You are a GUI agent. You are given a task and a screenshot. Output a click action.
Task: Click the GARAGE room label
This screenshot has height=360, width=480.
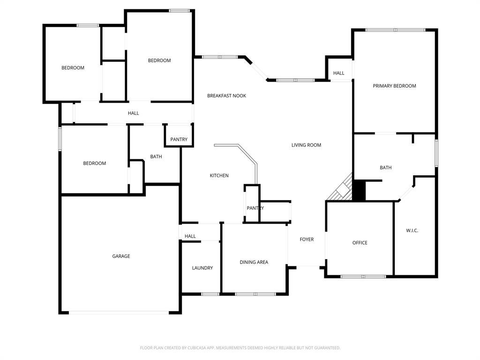click(x=121, y=256)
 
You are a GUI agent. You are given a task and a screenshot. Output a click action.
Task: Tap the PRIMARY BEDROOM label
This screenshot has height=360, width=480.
click(x=394, y=86)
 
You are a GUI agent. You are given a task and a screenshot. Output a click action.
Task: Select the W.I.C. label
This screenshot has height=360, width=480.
click(x=412, y=231)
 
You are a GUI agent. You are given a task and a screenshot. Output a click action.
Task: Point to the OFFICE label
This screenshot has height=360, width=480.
click(x=360, y=243)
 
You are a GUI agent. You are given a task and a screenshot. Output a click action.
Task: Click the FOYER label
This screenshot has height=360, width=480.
click(x=307, y=240)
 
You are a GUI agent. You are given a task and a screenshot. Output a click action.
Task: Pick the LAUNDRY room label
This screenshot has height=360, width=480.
click(x=202, y=268)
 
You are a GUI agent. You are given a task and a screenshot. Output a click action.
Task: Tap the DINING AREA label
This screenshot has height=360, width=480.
click(x=254, y=262)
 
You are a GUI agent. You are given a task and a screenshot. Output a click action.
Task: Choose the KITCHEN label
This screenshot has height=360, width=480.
click(x=219, y=175)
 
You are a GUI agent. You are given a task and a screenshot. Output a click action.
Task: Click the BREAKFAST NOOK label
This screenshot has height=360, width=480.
click(x=226, y=96)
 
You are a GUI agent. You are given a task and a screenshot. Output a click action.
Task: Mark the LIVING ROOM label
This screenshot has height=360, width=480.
click(x=306, y=145)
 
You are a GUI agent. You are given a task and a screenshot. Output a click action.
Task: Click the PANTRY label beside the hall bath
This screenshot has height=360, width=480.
click(x=179, y=139)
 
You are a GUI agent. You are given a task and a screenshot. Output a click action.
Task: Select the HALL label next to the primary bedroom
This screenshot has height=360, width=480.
click(x=338, y=73)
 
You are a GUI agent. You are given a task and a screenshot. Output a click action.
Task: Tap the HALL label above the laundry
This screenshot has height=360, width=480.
click(x=190, y=236)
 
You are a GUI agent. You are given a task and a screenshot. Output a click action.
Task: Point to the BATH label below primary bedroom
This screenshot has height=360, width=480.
click(x=385, y=167)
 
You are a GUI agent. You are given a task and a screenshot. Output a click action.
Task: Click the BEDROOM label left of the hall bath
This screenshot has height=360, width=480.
click(x=94, y=163)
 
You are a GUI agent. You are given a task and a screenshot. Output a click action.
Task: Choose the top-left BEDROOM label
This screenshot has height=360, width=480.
click(x=73, y=68)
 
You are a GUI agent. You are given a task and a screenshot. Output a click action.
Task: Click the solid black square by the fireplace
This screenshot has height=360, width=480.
click(x=359, y=191)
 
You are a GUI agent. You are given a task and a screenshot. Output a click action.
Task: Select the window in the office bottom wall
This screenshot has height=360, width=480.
click(x=363, y=277)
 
